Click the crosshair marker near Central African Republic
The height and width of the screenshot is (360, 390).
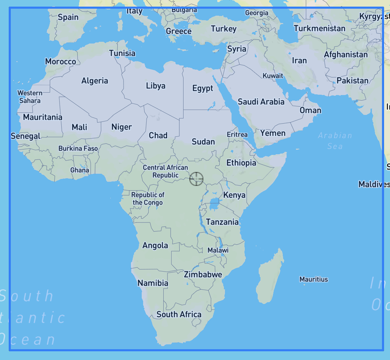tap(196, 179)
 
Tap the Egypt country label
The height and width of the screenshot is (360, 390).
tap(203, 88)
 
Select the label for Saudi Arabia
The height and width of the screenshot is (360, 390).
tap(261, 102)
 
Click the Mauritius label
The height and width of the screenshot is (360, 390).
tap(314, 279)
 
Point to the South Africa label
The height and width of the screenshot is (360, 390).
tap(179, 314)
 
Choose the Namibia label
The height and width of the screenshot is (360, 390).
tap(153, 283)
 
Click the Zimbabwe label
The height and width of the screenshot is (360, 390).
tap(203, 274)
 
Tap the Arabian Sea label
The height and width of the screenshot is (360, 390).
tap(335, 141)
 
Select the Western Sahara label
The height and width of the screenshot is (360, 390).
tap(30, 97)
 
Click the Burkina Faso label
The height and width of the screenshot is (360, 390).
tap(78, 148)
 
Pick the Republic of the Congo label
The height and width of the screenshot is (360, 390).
tap(148, 199)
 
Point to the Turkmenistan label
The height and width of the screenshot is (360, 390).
tap(320, 28)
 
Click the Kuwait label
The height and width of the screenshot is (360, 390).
tap(273, 76)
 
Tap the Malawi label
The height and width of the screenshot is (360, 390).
tap(218, 250)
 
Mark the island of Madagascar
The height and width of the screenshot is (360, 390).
tap(270, 279)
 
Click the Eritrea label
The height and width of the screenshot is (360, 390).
tap(237, 134)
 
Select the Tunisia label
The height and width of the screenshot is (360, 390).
tap(122, 53)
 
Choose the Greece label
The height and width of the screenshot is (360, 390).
tap(179, 31)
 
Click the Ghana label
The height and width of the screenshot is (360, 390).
tap(80, 170)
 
